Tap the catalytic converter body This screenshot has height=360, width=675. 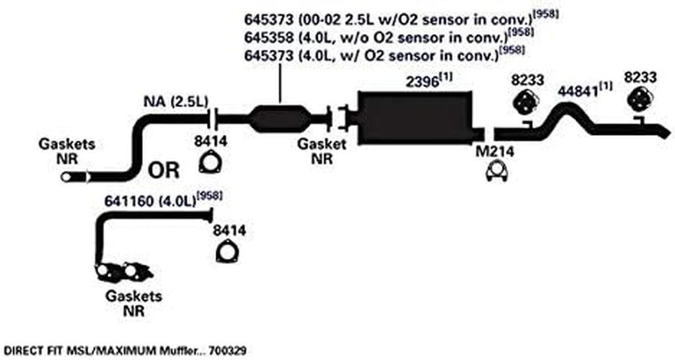click(279, 118)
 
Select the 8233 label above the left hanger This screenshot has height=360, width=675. click(527, 80)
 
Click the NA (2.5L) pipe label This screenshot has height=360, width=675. click(176, 102)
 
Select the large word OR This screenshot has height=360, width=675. click(163, 170)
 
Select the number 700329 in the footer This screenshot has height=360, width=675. click(227, 351)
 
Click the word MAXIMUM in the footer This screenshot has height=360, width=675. click(109, 351)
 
